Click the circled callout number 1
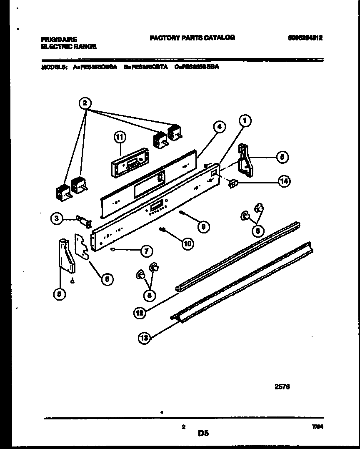point(245,121)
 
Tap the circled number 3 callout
point(56,218)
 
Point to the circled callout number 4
point(220,127)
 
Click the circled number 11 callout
point(120,137)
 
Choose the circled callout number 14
point(285,181)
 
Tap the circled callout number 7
point(146,251)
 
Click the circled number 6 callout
point(107,279)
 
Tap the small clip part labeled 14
point(233,182)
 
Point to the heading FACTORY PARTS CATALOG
point(192,38)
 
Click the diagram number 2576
point(282,386)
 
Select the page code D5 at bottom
point(203,434)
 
